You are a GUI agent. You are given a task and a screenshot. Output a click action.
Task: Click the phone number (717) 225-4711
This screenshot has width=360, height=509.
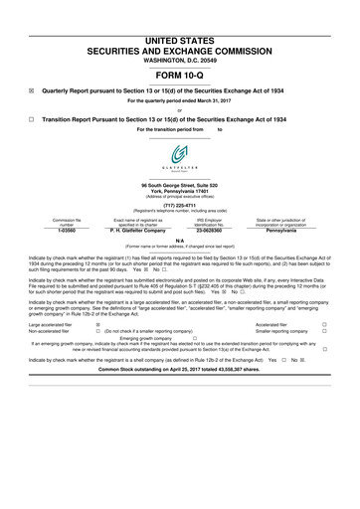coord(179,208)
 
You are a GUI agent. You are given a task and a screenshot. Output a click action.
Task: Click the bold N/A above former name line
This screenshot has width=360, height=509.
coord(179,240)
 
